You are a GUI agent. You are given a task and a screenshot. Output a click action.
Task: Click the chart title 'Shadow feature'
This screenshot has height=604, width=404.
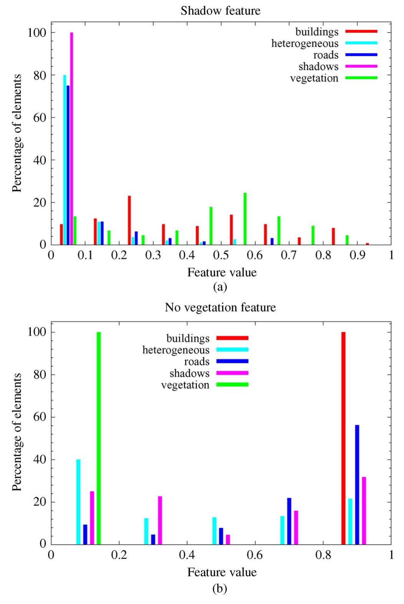click(x=220, y=11)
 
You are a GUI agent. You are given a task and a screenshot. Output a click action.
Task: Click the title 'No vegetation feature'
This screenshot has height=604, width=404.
click(x=220, y=308)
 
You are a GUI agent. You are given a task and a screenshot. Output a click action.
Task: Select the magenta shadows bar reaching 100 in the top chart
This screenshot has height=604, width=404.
click(x=71, y=138)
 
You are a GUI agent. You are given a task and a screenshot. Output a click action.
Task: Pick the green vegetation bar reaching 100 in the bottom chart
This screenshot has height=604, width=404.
click(x=98, y=438)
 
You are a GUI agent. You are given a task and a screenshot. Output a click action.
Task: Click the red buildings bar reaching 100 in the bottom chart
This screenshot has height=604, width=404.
click(x=343, y=438)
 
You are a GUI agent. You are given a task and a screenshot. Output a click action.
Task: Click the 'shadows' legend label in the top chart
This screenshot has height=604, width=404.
click(x=318, y=66)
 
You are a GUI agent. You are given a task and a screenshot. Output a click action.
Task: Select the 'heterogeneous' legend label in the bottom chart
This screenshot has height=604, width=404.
click(x=176, y=350)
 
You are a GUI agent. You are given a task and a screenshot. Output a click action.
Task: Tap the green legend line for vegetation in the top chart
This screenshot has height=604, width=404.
click(x=361, y=78)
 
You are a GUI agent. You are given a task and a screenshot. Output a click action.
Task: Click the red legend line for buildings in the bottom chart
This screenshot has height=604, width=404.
click(x=233, y=338)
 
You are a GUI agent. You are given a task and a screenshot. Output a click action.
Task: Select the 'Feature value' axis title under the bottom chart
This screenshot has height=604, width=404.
click(x=222, y=572)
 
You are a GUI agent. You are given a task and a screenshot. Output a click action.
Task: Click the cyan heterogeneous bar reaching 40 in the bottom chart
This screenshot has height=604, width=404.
click(x=78, y=502)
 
